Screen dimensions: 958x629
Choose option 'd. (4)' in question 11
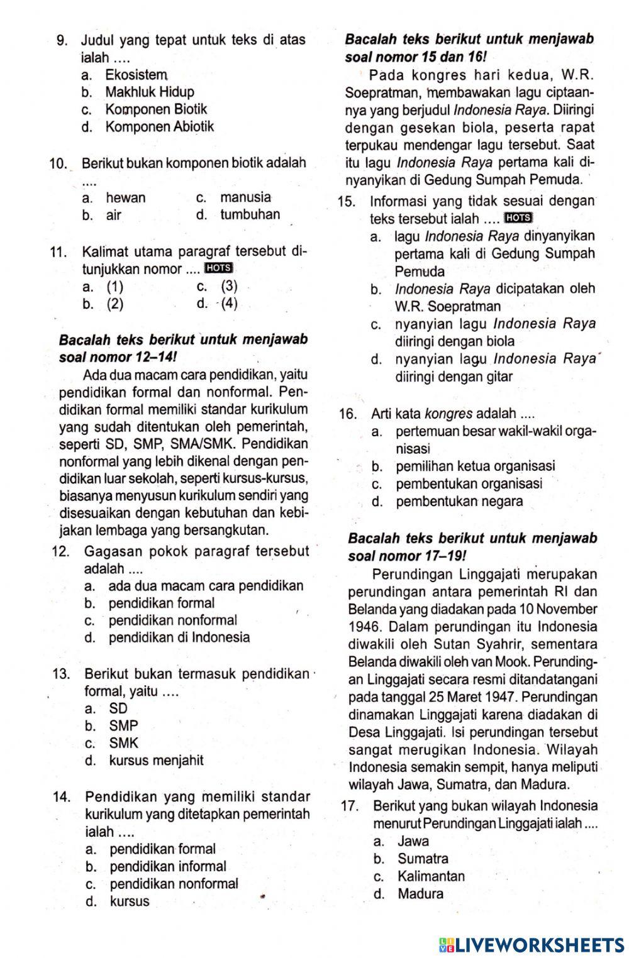click(x=218, y=304)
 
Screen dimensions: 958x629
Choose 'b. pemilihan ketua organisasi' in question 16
click(x=463, y=466)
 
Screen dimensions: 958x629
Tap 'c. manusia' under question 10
click(x=234, y=197)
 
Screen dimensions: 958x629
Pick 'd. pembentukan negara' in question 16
click(x=447, y=502)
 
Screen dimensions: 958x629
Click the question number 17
click(x=350, y=806)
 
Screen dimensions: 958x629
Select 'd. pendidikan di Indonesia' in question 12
click(x=167, y=637)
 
